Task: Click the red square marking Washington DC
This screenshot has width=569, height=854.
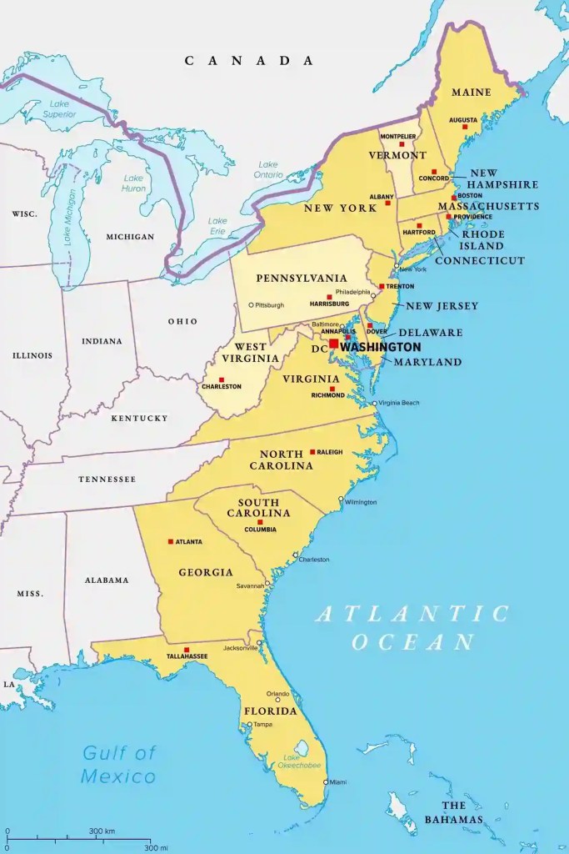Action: click(333, 344)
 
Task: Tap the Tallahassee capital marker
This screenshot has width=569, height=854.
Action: click(187, 650)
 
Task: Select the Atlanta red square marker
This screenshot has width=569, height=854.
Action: click(171, 541)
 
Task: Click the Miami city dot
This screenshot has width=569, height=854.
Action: click(326, 781)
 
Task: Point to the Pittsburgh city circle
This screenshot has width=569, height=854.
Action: click(251, 304)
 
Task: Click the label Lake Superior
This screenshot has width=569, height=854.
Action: click(59, 108)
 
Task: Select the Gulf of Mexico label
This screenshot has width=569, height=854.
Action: click(118, 765)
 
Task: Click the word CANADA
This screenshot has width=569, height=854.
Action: click(249, 60)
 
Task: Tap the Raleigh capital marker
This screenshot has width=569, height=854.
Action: click(312, 452)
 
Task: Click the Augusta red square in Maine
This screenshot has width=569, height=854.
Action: click(465, 127)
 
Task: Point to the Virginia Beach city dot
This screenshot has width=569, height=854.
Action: click(375, 403)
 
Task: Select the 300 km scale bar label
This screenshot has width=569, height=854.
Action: click(102, 831)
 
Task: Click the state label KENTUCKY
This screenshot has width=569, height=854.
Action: click(140, 418)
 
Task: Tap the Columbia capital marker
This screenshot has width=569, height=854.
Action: click(260, 522)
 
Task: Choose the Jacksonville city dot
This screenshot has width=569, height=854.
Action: click(260, 643)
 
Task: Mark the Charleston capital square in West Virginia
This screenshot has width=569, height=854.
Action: click(221, 379)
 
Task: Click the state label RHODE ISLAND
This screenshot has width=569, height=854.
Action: click(482, 240)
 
